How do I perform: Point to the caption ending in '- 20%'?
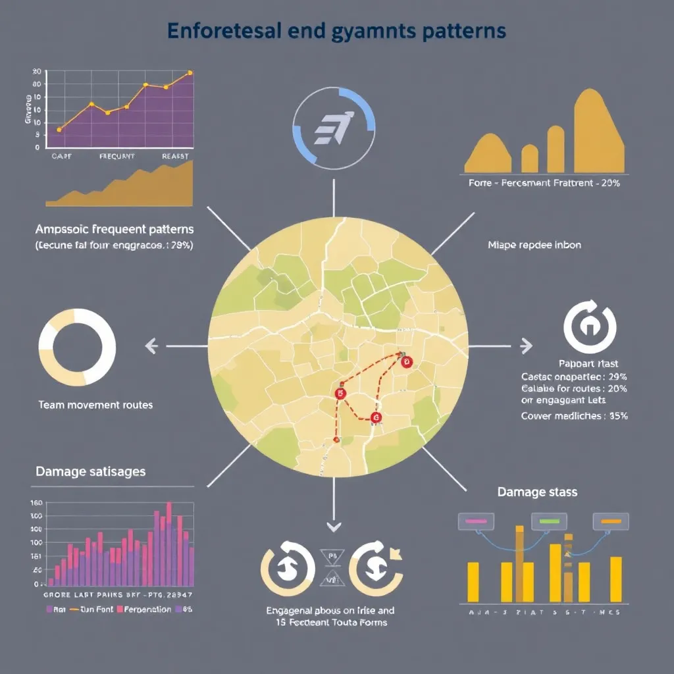coord(544,183)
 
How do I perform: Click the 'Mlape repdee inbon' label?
coord(534,245)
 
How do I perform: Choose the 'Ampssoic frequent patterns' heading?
coord(115,230)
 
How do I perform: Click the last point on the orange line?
coord(190,72)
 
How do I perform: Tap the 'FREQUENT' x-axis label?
coord(117,157)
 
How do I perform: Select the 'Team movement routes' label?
coord(95,405)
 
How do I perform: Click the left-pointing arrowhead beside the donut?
coord(151,344)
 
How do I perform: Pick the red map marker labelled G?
coord(376,417)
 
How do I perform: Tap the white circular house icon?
coord(590,327)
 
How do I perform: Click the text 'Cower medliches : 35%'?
coord(574,416)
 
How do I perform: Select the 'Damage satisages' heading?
coord(91,472)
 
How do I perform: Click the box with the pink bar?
coord(475,521)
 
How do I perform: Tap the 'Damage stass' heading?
coord(538,492)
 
